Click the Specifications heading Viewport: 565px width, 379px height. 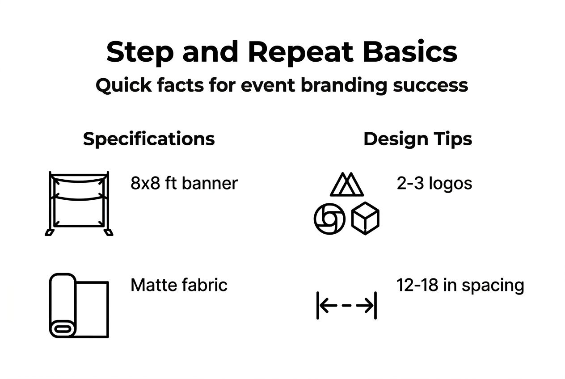pyautogui.click(x=149, y=139)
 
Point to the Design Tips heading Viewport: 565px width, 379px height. pyautogui.click(x=417, y=139)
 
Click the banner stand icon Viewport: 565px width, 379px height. pyautogui.click(x=79, y=203)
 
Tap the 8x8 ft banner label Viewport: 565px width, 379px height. pyautogui.click(x=184, y=183)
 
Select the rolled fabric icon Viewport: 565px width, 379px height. pyautogui.click(x=79, y=305)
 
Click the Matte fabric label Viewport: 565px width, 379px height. pyautogui.click(x=179, y=285)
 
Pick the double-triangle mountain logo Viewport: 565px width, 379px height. pyautogui.click(x=347, y=185)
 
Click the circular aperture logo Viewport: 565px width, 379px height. pyautogui.click(x=330, y=219)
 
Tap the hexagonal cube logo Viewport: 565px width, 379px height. pyautogui.click(x=365, y=219)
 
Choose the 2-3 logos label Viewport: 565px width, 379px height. pyautogui.click(x=434, y=183)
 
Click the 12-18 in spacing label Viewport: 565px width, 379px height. pyautogui.click(x=460, y=285)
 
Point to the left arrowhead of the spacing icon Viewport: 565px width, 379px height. pyautogui.click(x=325, y=306)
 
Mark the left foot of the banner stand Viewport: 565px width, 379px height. pyautogui.click(x=50, y=232)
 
